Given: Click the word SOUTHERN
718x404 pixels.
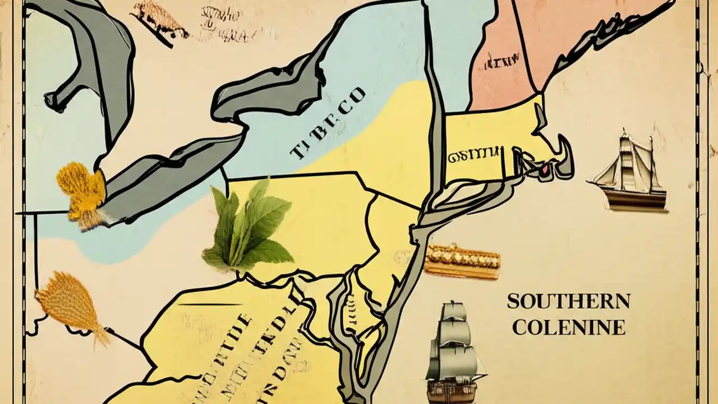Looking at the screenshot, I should (x=568, y=301).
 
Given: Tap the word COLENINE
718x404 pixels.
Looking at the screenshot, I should (x=568, y=327).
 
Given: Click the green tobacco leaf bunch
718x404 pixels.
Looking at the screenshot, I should (x=249, y=227).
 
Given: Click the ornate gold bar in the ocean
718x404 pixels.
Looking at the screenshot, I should (x=462, y=260).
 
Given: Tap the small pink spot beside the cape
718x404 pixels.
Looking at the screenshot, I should (x=542, y=167).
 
